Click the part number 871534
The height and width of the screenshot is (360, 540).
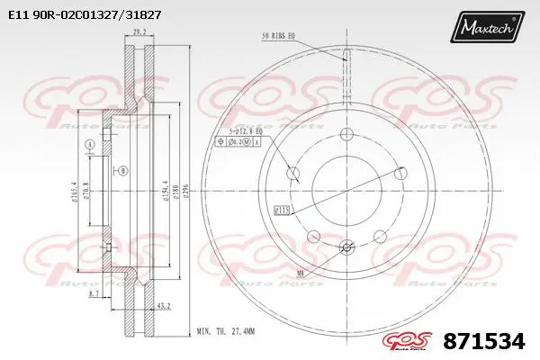click(486, 342)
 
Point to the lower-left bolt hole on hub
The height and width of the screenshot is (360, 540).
click(314, 237)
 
